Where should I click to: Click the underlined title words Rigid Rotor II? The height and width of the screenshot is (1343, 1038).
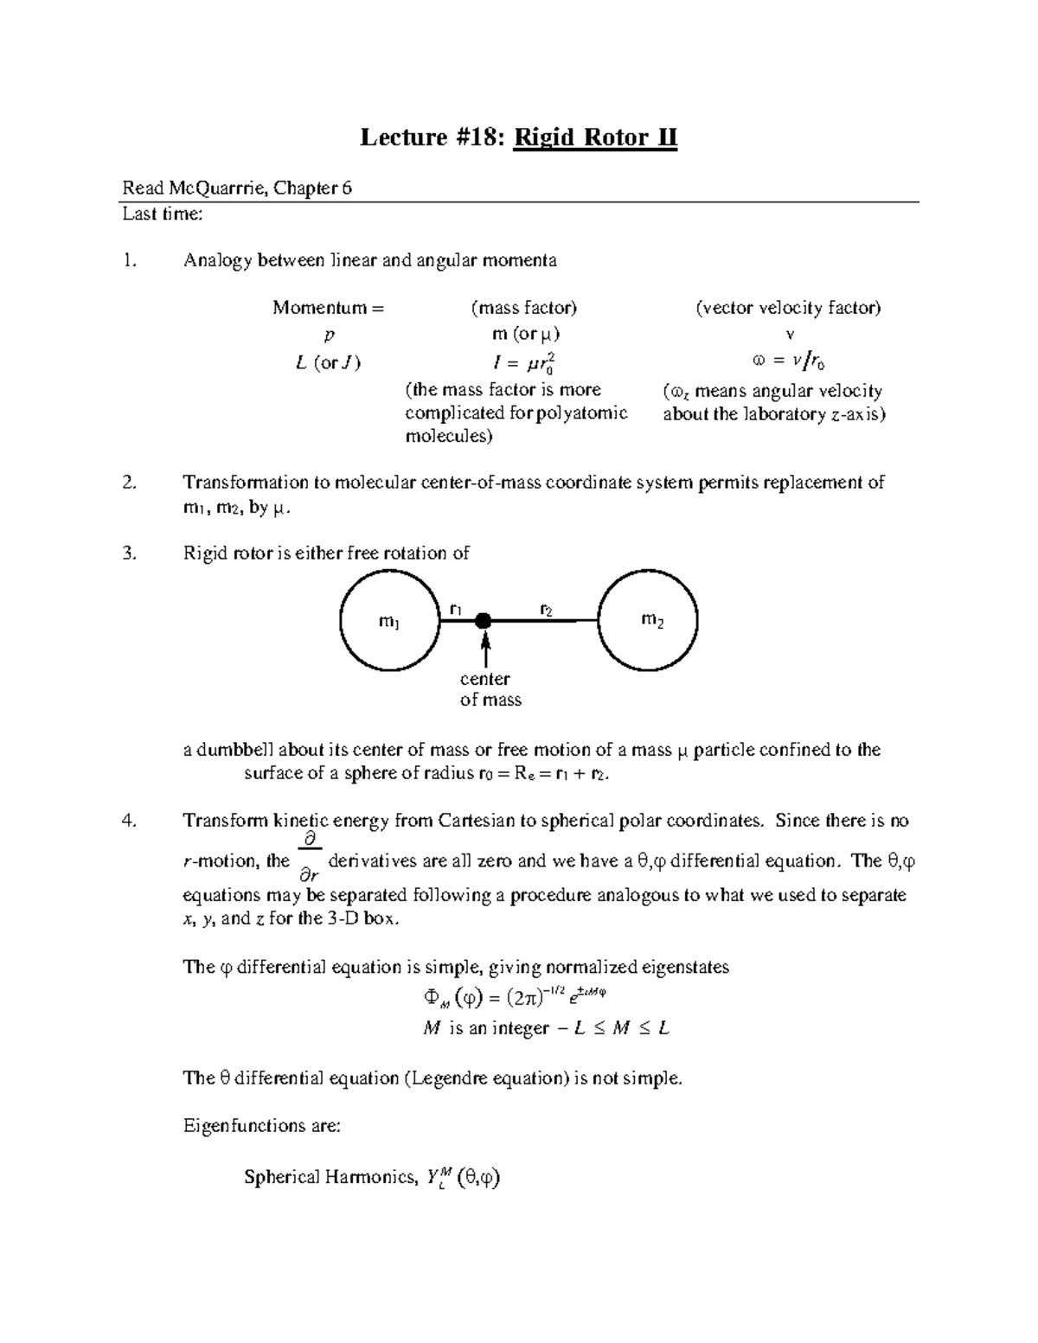(x=595, y=137)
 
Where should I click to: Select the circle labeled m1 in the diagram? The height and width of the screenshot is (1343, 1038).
(x=390, y=621)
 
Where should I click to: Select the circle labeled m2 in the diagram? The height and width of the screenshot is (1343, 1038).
(x=648, y=620)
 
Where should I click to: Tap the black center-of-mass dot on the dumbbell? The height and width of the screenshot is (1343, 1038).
(x=484, y=620)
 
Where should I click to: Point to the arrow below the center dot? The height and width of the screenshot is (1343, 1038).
(x=486, y=649)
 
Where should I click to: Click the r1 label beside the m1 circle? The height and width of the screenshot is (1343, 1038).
(x=455, y=609)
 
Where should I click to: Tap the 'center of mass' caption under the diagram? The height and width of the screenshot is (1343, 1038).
(x=489, y=689)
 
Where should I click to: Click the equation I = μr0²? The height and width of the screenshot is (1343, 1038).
(x=523, y=361)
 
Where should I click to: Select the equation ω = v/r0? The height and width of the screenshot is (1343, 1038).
(x=788, y=361)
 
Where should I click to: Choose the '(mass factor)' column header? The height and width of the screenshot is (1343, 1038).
(x=523, y=308)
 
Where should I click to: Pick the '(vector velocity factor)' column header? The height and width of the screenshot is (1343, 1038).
(x=788, y=308)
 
